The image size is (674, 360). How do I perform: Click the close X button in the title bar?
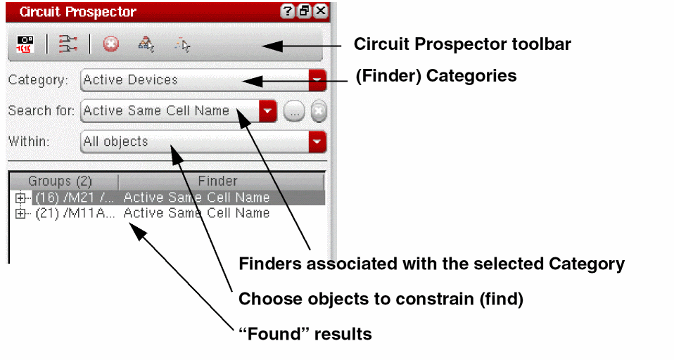321,11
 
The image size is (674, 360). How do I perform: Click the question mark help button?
287,11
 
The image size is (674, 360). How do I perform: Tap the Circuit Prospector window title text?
78,11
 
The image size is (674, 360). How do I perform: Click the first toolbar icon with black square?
25,44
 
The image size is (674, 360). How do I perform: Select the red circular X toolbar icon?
111,44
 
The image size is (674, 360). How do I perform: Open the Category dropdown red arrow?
317,80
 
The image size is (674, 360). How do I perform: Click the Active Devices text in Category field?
130,80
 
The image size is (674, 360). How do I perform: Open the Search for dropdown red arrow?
267,111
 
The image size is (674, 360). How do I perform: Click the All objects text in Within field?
115,141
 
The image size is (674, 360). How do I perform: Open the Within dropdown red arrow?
317,141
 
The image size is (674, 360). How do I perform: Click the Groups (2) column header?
60,181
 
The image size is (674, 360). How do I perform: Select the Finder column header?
217,181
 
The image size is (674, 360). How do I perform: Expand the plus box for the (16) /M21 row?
20,198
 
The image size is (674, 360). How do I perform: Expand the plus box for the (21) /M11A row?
20,213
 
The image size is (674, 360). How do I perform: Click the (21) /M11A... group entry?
75,213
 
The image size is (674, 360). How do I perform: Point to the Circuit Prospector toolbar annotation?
462,44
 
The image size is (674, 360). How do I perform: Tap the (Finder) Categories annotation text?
436,76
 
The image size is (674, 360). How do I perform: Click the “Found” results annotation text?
305,334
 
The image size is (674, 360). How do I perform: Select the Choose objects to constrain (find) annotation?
381,299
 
